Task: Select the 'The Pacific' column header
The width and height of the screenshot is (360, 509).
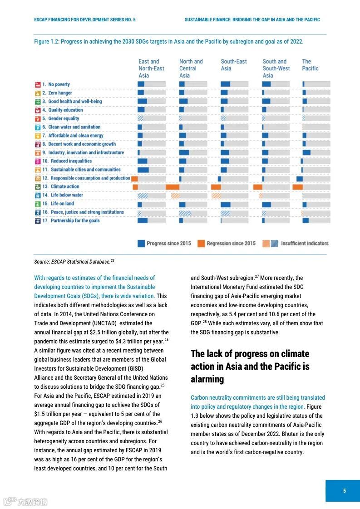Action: tap(310, 65)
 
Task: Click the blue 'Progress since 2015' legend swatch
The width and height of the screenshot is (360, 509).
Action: tap(141, 244)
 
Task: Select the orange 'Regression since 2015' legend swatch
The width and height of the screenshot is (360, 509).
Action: tap(201, 244)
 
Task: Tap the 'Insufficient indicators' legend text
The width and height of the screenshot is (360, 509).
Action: tap(304, 244)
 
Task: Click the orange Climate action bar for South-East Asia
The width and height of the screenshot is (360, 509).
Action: tap(216, 187)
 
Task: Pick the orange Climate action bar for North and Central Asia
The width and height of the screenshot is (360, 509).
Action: tap(173, 187)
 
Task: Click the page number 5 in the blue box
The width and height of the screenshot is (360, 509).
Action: tap(344, 490)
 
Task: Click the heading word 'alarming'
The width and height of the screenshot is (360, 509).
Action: tap(207, 379)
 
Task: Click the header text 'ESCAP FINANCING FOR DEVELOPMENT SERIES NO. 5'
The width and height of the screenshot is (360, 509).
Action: tap(85, 20)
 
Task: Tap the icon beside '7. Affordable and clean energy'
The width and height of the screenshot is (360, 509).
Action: tap(38, 136)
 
